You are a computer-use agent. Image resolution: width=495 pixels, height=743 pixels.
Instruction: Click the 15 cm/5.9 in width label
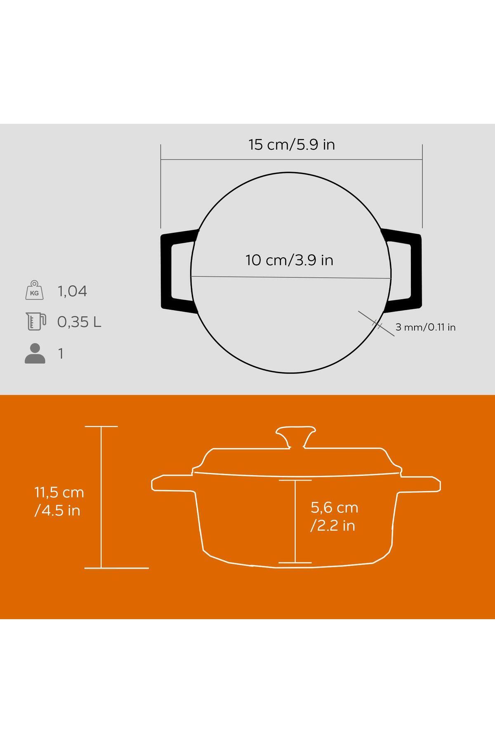pos(292,145)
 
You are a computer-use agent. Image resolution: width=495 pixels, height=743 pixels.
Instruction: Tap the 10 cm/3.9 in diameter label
pos(289,260)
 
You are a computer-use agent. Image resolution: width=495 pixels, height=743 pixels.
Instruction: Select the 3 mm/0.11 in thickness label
pos(425,327)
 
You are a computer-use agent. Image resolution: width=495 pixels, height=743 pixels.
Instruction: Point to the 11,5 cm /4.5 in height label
pos(59,502)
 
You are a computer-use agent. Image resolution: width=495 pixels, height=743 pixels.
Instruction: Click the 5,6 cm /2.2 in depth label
pos(334,516)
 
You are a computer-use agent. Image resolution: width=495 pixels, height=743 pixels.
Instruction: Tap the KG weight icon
pos(34,290)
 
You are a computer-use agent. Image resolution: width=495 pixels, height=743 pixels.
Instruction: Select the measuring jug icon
pos(35,322)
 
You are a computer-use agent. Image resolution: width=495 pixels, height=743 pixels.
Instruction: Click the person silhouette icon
pos(35,353)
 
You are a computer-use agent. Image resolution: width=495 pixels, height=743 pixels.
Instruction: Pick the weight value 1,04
pos(72,291)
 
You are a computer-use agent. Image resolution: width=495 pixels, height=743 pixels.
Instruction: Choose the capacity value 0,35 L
pos(79,322)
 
